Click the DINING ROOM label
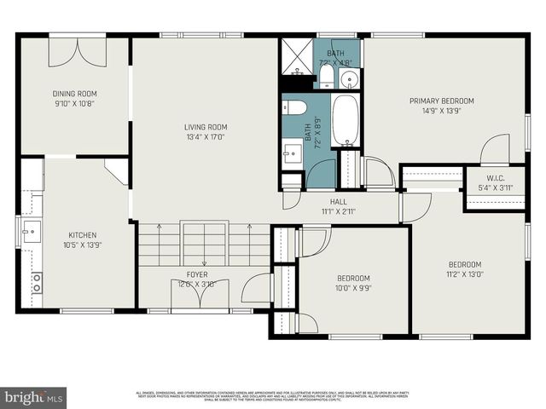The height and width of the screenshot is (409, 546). click(75, 94)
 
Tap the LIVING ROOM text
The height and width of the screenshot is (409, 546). click(206, 128)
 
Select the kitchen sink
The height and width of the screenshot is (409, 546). click(32, 230)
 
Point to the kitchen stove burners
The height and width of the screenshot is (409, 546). click(37, 284)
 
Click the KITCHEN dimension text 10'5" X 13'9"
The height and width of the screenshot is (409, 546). click(83, 245)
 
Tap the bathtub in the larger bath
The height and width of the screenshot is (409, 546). click(346, 121)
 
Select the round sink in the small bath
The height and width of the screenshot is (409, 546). click(350, 79)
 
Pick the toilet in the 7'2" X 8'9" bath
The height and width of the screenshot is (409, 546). click(296, 107)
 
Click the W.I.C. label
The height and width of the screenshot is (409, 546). click(495, 179)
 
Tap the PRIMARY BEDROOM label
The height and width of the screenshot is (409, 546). click(441, 101)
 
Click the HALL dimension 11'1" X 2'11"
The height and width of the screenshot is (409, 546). click(338, 211)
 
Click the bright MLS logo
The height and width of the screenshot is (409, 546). click(33, 396)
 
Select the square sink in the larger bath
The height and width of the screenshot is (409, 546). click(293, 154)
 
